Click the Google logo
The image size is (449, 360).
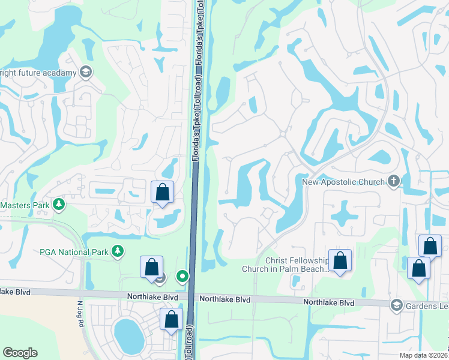[20, 353]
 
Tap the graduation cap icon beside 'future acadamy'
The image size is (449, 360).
[85, 73]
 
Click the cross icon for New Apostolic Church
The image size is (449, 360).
[394, 181]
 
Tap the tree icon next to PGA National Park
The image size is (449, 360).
[118, 251]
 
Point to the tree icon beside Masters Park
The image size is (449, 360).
[59, 205]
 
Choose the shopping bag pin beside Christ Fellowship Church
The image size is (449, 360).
[340, 261]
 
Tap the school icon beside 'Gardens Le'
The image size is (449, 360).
[396, 305]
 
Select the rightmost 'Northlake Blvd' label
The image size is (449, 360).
[328, 303]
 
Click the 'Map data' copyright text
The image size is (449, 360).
[424, 355]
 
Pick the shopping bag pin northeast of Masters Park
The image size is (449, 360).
[162, 193]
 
